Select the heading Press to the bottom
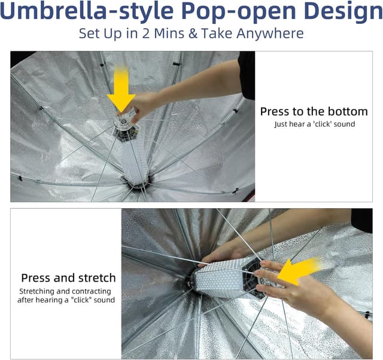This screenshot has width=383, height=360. (x=314, y=111)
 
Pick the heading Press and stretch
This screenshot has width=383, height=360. (x=68, y=277)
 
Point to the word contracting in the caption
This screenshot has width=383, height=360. (x=98, y=291)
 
